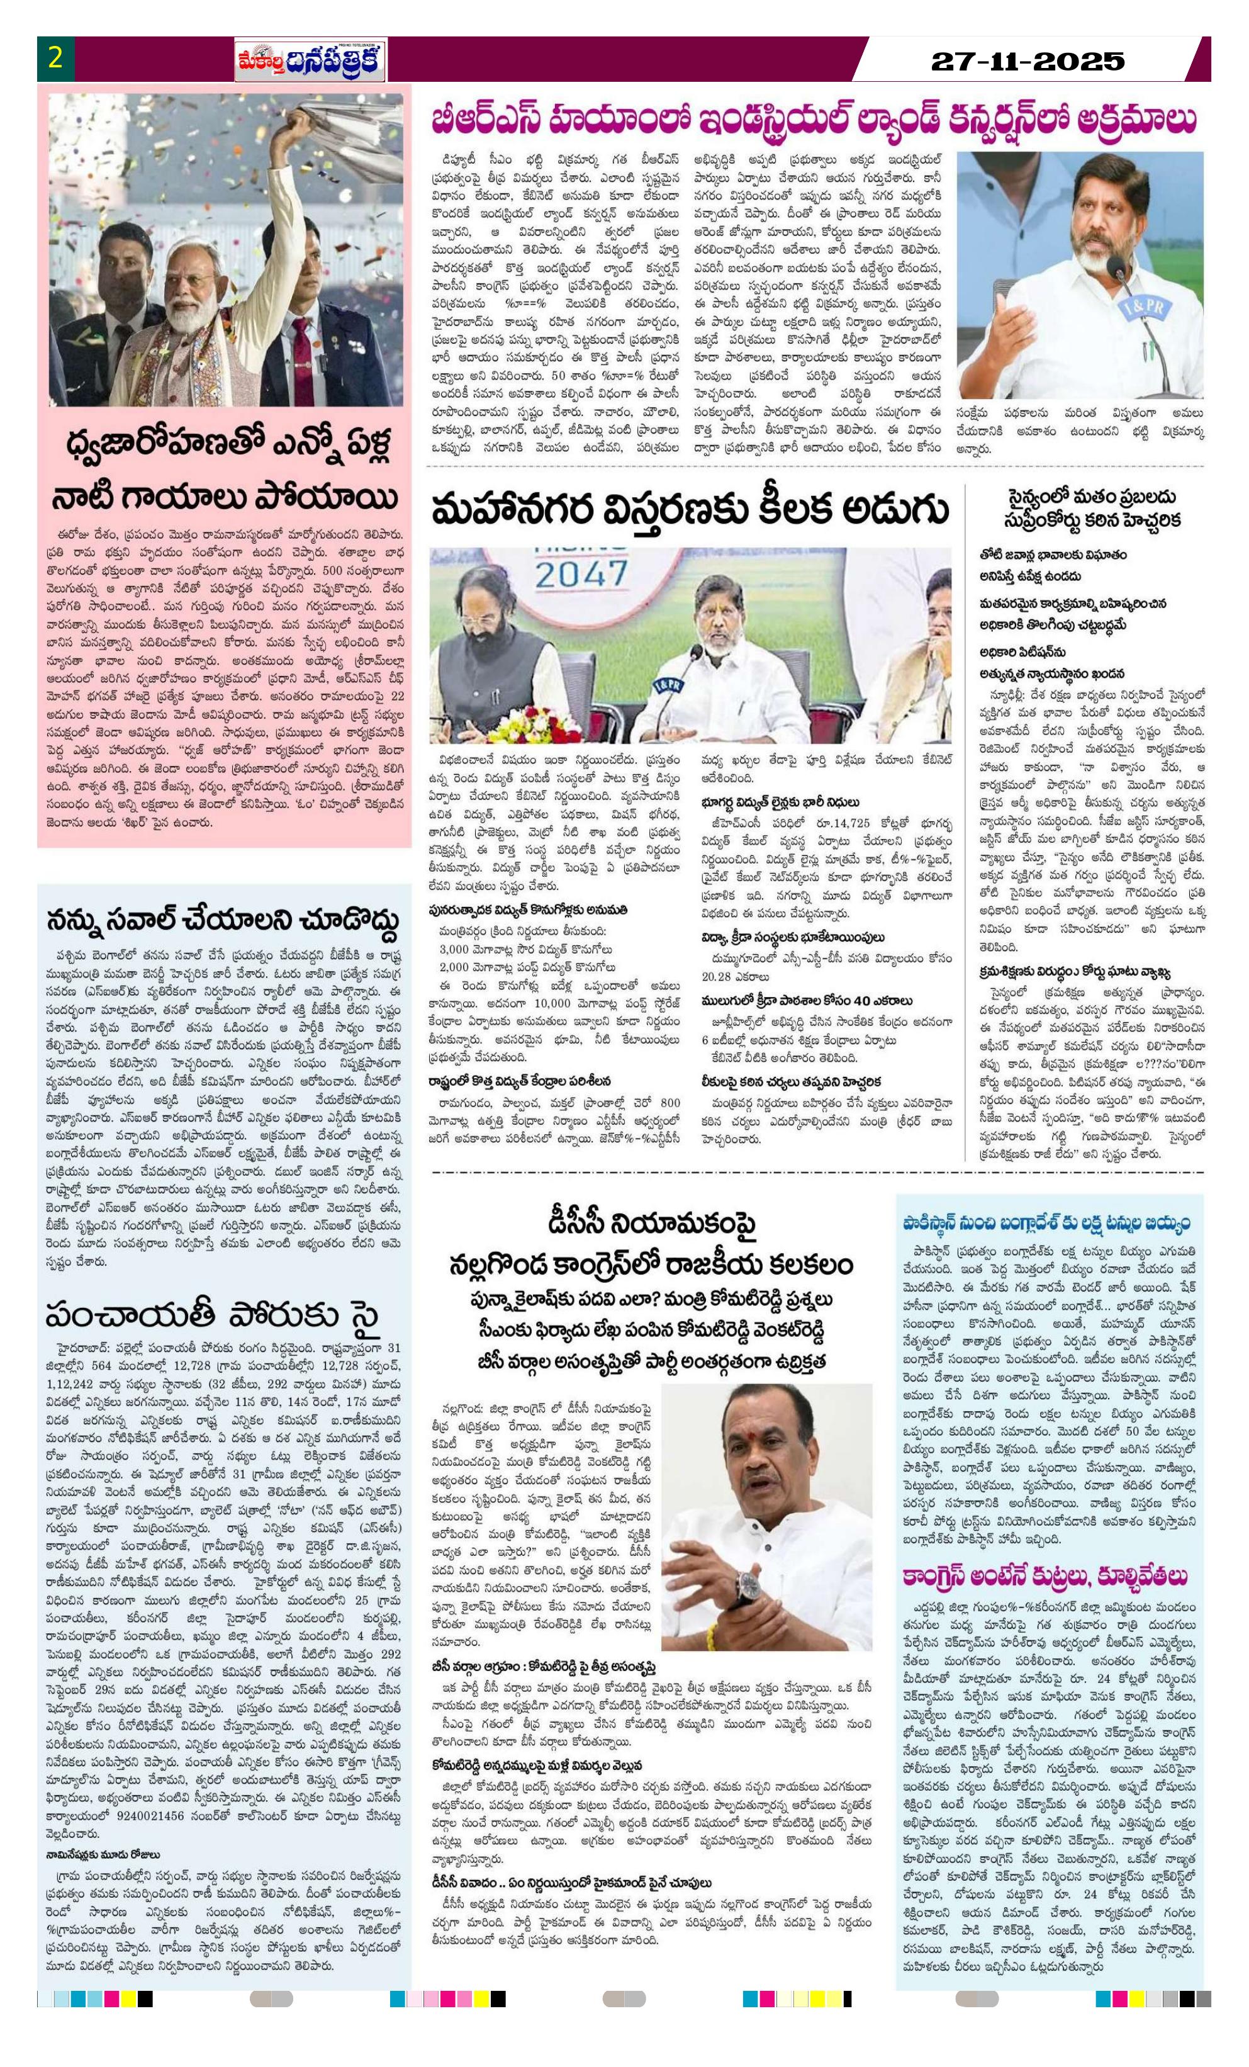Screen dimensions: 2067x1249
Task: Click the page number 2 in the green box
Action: pyautogui.click(x=56, y=60)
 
